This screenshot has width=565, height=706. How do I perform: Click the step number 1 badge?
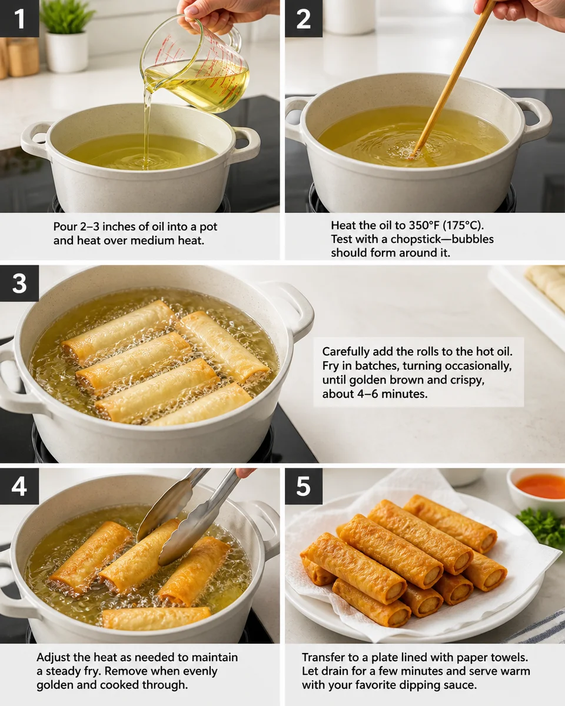(x=19, y=18)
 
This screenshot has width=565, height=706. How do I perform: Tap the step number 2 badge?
(x=304, y=18)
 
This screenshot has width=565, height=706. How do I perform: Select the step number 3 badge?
(x=19, y=284)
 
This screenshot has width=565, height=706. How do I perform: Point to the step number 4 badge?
(x=19, y=486)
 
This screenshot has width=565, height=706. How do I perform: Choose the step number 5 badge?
(x=304, y=486)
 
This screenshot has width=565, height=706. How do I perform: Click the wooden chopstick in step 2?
(x=453, y=79)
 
